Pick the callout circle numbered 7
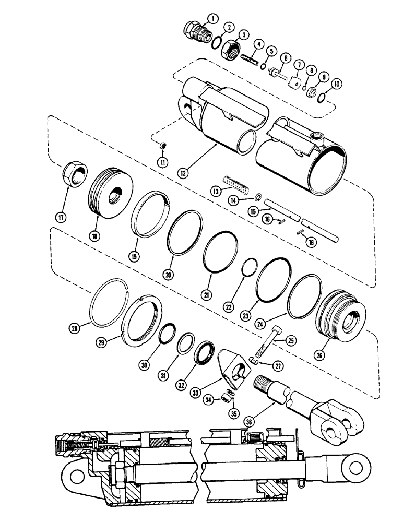(299, 65)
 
